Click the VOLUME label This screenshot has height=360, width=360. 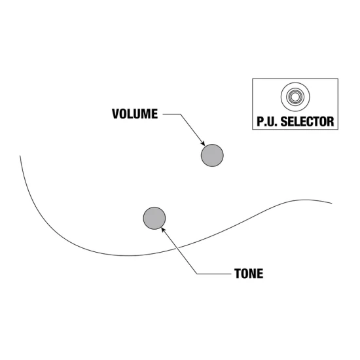coord(135,114)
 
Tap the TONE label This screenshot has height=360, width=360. coord(249,274)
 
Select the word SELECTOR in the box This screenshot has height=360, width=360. coord(307,122)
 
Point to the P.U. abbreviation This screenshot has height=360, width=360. coord(267,122)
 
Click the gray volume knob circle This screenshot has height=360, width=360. coord(212,155)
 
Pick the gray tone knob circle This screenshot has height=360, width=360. coord(154,218)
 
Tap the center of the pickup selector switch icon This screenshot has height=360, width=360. coord(295,97)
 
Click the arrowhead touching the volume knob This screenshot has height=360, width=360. coord(203,143)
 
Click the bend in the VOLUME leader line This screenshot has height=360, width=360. coord(181,114)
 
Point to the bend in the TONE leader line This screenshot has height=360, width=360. coord(197,274)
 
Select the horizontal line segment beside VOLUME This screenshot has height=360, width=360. coord(171,114)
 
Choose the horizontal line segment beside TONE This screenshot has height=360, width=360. coord(214,274)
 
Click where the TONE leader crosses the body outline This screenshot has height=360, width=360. coord(177,247)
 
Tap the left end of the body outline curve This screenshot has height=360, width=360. coord(20,156)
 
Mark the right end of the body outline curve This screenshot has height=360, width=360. coord(332,203)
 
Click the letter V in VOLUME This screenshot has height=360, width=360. coord(115,114)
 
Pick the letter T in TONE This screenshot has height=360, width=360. coord(238,274)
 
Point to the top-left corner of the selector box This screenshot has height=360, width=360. coord(253,79)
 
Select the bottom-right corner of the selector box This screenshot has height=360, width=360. coord(338,129)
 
